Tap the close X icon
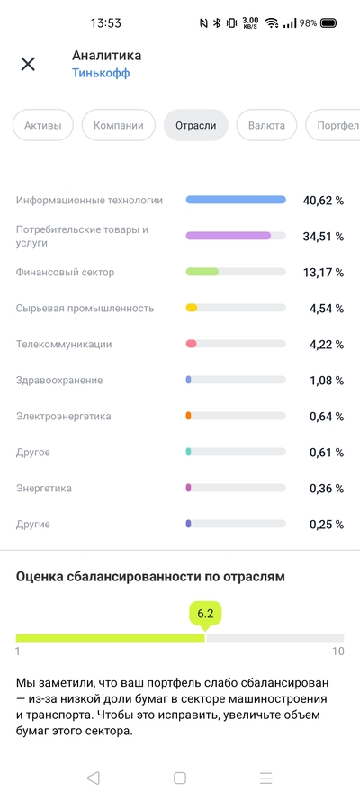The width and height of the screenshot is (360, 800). (28, 64)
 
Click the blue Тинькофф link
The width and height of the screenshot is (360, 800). (101, 74)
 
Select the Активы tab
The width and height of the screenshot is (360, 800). (43, 126)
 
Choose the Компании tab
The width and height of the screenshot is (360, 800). (119, 126)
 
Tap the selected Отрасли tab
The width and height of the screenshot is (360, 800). (196, 126)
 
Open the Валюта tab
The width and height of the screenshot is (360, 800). (267, 126)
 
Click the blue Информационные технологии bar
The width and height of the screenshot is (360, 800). (236, 200)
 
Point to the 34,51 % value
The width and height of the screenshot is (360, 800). (321, 237)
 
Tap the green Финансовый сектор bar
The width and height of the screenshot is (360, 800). (202, 272)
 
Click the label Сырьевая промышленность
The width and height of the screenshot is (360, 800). (85, 309)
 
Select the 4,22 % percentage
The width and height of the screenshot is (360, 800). (325, 345)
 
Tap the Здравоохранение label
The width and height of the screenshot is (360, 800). (59, 381)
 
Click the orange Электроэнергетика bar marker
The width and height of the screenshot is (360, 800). (188, 416)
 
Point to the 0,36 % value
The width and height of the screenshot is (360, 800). (325, 489)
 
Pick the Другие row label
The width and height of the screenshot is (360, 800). (33, 524)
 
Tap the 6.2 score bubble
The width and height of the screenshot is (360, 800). (205, 614)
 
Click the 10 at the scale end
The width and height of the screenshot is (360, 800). (337, 651)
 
